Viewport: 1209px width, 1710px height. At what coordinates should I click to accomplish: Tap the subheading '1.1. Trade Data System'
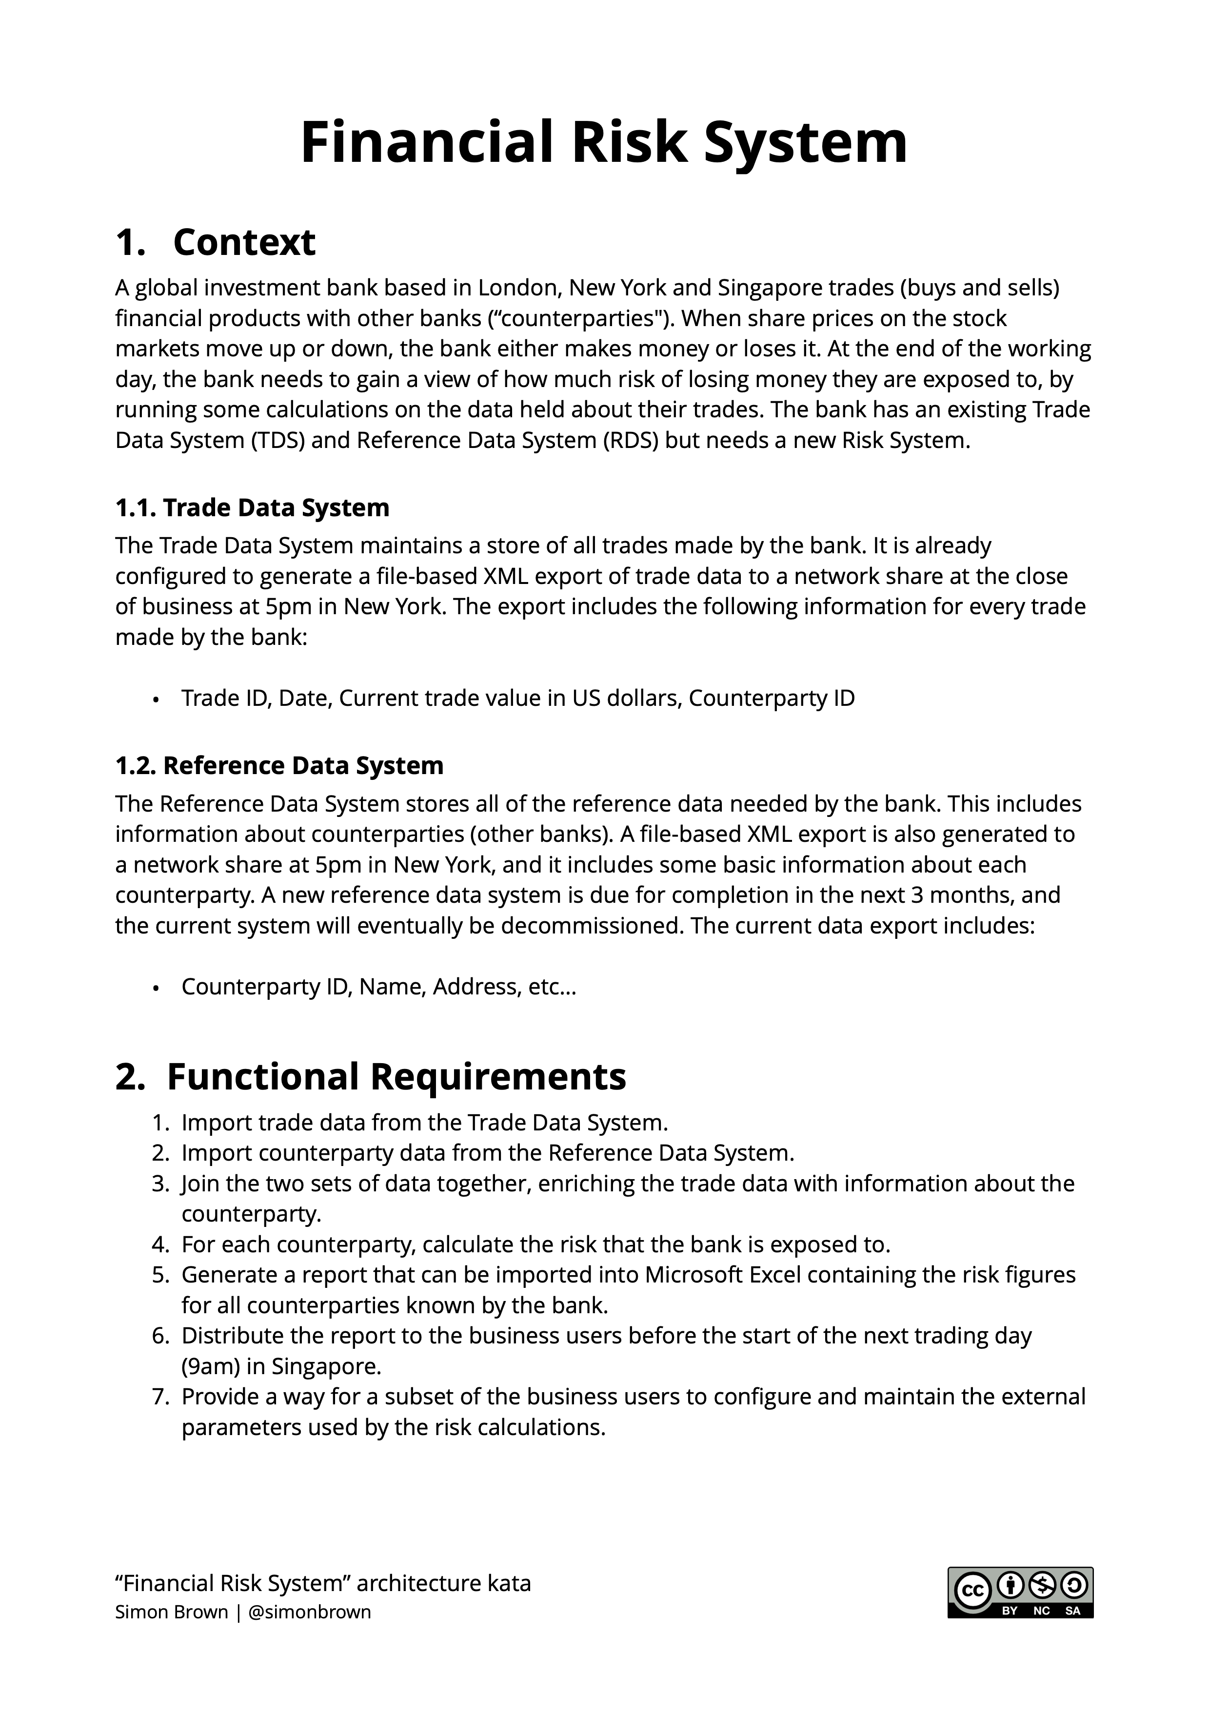pos(252,508)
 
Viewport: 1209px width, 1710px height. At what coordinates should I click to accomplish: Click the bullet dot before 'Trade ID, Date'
pos(156,700)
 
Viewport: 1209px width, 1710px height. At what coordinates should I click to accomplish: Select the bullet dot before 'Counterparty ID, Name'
pos(156,988)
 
